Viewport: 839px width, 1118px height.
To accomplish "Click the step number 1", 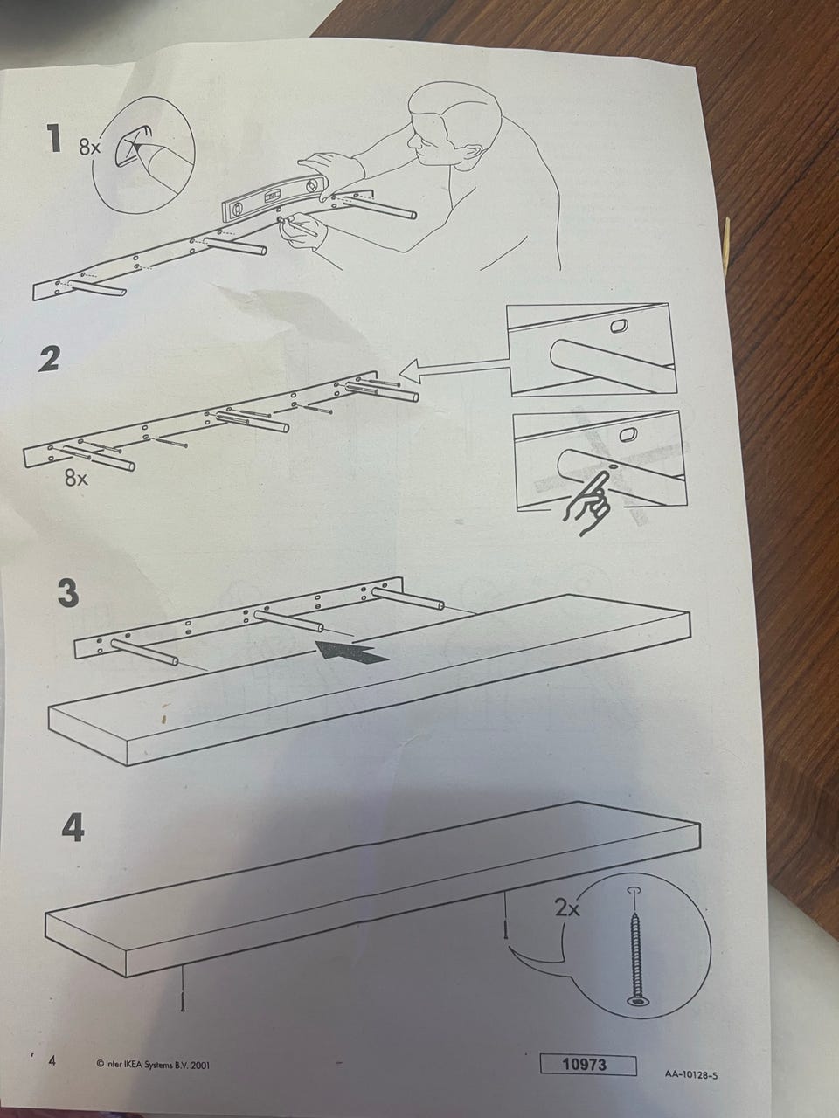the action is pos(52,139).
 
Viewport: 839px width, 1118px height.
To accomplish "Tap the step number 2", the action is pos(49,358).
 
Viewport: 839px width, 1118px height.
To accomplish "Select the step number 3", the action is pos(68,593).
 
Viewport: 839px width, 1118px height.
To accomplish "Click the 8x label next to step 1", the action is pos(90,148).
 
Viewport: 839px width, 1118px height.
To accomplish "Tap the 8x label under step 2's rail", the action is pos(76,477).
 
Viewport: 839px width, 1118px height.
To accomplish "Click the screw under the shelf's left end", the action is pos(183,981).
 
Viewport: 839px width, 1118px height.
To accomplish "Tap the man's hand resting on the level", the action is pos(325,167).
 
